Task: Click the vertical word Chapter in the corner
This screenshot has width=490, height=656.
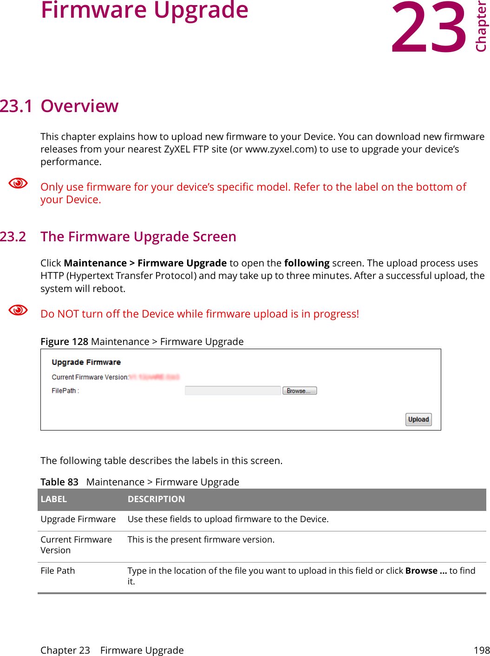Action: coord(481,27)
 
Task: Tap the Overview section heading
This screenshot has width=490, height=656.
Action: coord(79,106)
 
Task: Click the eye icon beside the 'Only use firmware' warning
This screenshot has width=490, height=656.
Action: coord(19,183)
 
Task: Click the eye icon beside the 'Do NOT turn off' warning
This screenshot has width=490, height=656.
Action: coord(19,310)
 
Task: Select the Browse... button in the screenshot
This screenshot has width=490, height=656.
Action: coord(300,391)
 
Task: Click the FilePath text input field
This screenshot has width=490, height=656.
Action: coord(233,391)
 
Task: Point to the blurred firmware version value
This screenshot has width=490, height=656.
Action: coord(154,377)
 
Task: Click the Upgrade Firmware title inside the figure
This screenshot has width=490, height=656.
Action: coord(86,362)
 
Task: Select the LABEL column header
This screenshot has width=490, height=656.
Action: coord(54,499)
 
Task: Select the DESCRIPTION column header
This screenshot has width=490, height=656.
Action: coord(156,499)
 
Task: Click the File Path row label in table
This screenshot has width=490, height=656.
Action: coord(58,570)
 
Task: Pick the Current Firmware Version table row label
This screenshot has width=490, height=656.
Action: coord(76,545)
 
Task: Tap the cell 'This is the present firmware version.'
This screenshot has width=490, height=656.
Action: coord(201,539)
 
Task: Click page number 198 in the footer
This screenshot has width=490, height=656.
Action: coord(481,650)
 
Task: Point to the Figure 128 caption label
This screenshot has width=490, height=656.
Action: coord(64,342)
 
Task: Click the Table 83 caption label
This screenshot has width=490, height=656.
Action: coord(59,482)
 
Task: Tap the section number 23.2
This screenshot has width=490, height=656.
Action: coord(13,237)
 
